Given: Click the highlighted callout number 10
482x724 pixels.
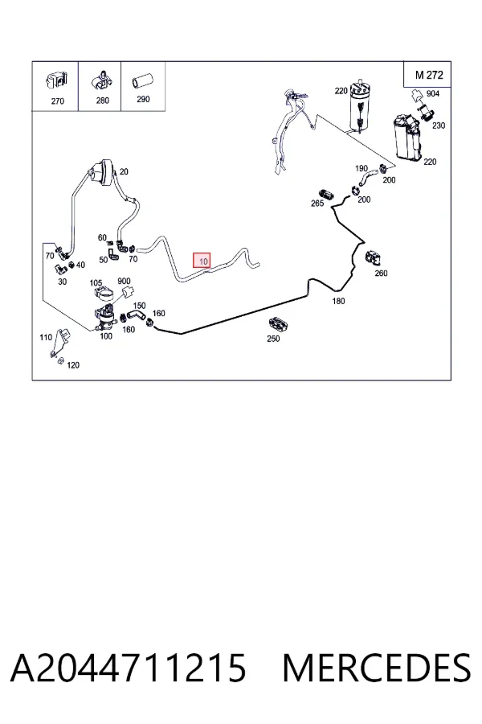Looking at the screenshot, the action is point(202,261).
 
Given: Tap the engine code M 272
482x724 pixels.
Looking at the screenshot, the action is point(428,75).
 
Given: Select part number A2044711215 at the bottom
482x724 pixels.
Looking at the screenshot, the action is point(129,668).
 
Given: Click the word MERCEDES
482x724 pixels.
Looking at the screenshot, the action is point(377,668).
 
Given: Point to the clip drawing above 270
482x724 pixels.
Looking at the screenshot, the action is point(57,81).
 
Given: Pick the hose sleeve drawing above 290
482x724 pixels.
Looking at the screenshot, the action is point(142,81).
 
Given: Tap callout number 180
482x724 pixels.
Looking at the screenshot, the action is point(338,301).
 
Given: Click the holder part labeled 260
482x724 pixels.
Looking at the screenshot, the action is point(373,259).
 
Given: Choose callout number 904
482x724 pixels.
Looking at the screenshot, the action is point(433,94).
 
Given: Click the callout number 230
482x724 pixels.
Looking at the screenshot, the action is point(438,125).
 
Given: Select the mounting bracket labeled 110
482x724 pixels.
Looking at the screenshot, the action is point(59,343).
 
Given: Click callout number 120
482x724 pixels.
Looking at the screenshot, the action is point(73,365).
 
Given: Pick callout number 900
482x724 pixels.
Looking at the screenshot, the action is point(124,281).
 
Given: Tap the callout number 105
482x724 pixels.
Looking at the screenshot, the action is point(96,282).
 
